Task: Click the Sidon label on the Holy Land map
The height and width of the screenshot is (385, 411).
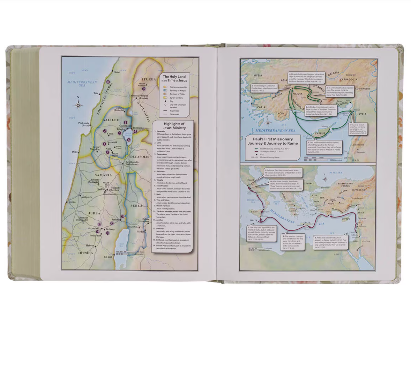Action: click(117, 72)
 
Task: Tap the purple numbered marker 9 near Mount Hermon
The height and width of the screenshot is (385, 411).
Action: click(144, 89)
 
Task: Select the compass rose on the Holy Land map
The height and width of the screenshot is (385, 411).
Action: click(78, 105)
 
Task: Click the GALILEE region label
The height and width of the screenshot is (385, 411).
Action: click(111, 120)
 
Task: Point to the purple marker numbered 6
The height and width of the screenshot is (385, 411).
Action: click(129, 139)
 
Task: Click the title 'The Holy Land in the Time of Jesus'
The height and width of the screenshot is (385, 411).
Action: click(174, 78)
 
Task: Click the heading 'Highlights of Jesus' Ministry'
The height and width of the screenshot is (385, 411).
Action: click(174, 126)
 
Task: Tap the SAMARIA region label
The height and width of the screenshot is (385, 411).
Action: click(103, 175)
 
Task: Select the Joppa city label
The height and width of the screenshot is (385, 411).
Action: click(72, 202)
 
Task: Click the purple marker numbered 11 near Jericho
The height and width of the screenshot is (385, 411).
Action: click(122, 216)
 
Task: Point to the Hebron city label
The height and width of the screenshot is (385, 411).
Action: click(90, 246)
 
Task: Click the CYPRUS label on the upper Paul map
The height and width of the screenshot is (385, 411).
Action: click(320, 133)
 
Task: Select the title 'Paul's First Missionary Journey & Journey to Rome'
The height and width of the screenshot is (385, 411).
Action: click(273, 141)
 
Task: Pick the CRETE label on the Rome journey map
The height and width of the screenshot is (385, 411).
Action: click(307, 223)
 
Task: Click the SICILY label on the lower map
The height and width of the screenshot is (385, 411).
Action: click(254, 212)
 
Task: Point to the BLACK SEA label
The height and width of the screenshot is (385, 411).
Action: click(335, 173)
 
